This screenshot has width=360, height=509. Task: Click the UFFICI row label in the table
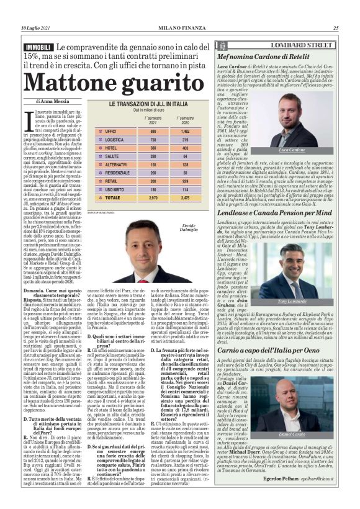(111, 132)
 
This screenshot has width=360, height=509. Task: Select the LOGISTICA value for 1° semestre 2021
(153, 140)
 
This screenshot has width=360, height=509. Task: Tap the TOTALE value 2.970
(153, 197)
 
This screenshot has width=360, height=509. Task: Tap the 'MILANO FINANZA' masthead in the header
(180, 28)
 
